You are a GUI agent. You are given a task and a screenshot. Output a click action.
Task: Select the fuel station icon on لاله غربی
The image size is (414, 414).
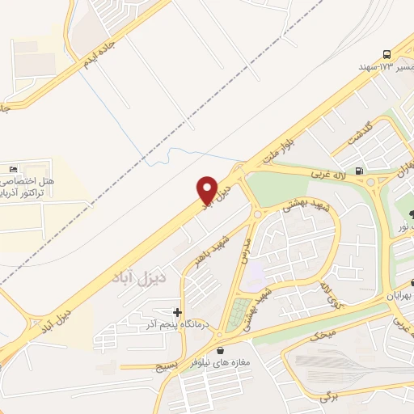[x=359, y=171]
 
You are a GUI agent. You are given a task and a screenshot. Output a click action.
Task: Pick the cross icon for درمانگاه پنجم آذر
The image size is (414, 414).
[x=177, y=311]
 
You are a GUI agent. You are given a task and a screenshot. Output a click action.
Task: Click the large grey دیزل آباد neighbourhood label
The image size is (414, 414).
[x=159, y=277]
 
